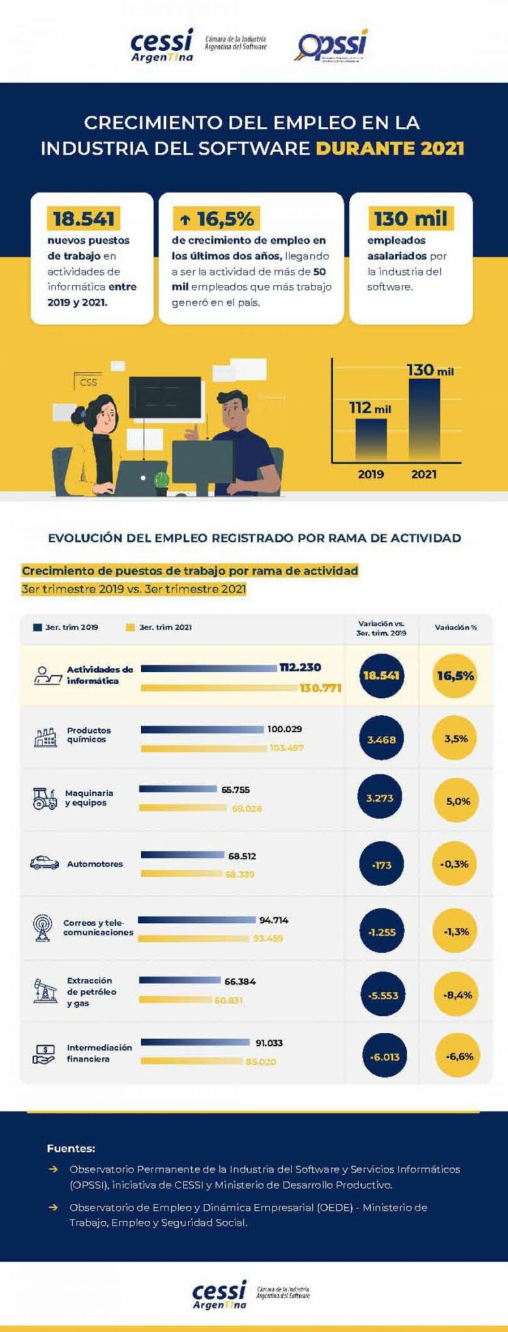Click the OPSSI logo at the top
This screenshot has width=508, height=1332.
click(332, 46)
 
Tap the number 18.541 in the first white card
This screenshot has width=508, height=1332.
click(83, 219)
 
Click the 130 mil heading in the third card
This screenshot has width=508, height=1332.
click(410, 219)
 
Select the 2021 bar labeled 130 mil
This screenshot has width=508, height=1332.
click(424, 420)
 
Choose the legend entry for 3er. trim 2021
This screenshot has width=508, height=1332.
click(159, 627)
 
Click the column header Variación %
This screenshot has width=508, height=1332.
click(455, 628)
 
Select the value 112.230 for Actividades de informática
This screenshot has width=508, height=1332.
click(300, 667)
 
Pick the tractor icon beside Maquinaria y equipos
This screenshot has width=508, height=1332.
click(45, 798)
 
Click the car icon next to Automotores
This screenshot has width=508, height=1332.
click(44, 863)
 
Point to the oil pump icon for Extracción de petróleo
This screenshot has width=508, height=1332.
click(44, 991)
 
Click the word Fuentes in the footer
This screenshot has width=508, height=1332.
click(71, 1149)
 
